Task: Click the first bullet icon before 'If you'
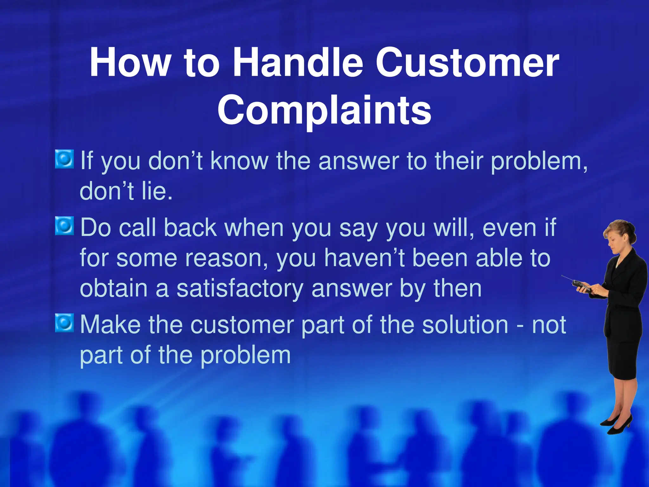(x=65, y=159)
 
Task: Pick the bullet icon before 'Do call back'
(x=65, y=226)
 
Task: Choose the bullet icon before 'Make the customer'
(x=65, y=323)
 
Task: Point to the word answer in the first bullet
(x=358, y=161)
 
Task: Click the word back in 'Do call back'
(x=190, y=228)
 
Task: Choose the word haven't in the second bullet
(x=364, y=258)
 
